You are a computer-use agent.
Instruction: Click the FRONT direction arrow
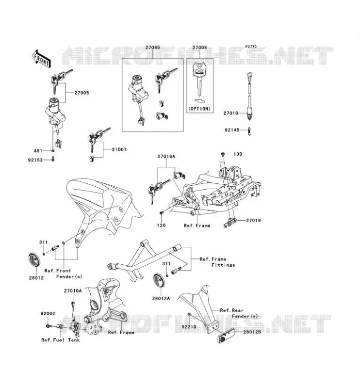click(42, 59)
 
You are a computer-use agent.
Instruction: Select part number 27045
click(152, 48)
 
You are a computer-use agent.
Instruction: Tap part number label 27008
click(200, 48)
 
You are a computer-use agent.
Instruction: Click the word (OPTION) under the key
click(199, 109)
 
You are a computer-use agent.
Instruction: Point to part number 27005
click(82, 93)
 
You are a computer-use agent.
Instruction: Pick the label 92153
click(35, 160)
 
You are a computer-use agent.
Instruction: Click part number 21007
click(119, 149)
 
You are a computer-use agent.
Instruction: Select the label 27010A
click(73, 291)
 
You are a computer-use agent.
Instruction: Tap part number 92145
click(232, 130)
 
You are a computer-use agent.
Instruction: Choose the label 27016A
click(166, 156)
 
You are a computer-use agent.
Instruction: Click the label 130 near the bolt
click(238, 154)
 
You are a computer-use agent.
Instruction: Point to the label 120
click(161, 225)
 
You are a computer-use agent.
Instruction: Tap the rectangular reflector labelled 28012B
click(226, 336)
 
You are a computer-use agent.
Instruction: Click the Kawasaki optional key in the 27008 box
click(199, 79)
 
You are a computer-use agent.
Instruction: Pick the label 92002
click(48, 313)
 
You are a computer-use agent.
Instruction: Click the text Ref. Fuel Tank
click(61, 340)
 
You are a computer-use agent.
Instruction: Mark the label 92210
click(189, 326)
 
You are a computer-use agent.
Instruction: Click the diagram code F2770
click(251, 47)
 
